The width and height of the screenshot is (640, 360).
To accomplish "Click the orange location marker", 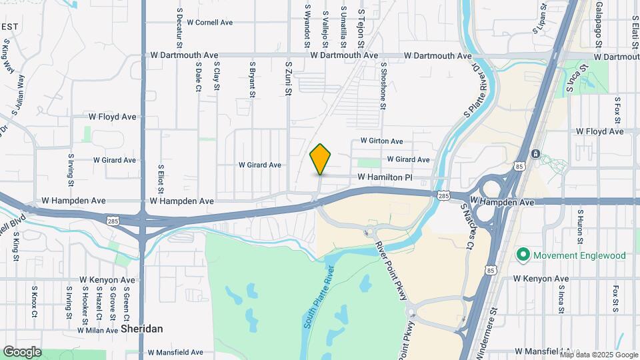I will tap(321, 159).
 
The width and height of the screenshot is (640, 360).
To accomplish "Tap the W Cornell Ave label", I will tap(209, 22).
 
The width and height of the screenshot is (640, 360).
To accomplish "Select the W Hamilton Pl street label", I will tap(385, 177).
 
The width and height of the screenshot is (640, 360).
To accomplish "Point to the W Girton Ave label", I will tap(382, 141).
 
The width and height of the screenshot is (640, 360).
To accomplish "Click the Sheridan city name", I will tap(143, 329).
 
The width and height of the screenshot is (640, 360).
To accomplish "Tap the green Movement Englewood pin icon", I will tap(523, 255).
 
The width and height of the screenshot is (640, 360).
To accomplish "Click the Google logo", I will tap(22, 351).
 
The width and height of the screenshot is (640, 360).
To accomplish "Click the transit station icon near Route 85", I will tap(535, 154).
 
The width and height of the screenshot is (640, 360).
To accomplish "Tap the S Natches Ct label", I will tap(468, 227).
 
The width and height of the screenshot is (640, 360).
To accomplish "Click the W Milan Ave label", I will tap(97, 330).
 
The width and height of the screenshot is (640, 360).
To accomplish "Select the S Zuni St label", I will tap(289, 79).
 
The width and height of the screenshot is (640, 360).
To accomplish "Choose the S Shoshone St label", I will tap(383, 83).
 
